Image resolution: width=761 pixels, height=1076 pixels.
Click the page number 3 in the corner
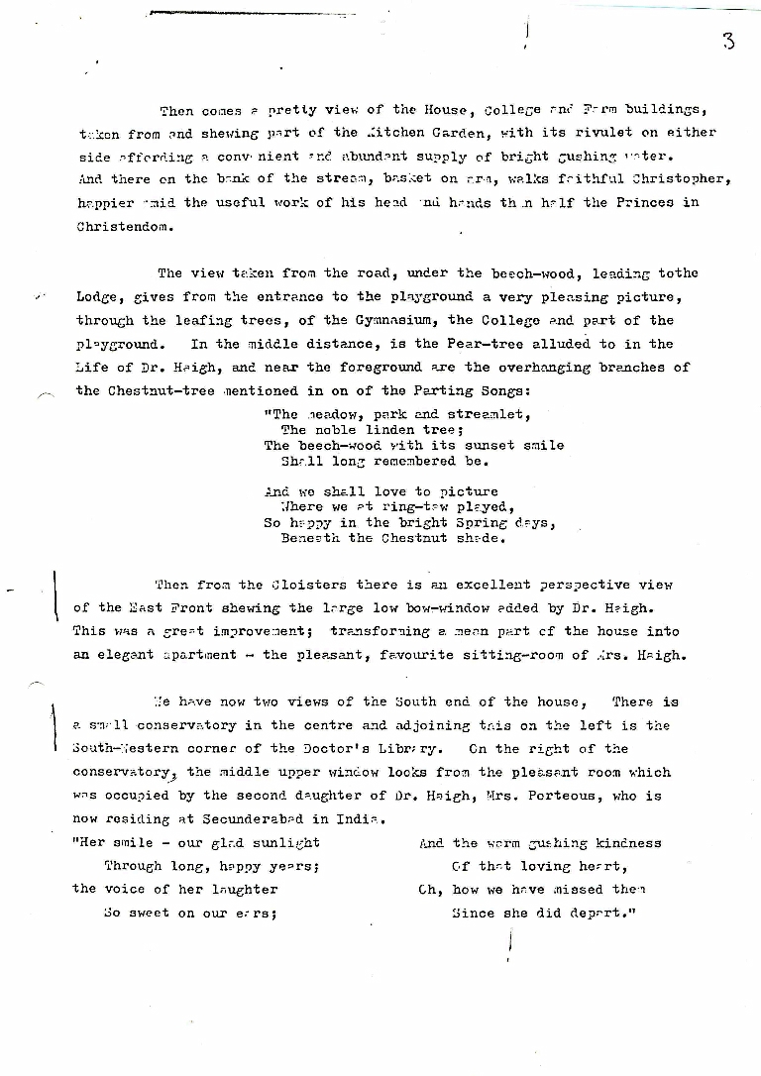728,42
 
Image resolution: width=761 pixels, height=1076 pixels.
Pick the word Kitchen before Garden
395,132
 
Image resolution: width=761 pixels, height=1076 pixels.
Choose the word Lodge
96,296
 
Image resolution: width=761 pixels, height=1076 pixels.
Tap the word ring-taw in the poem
380,506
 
